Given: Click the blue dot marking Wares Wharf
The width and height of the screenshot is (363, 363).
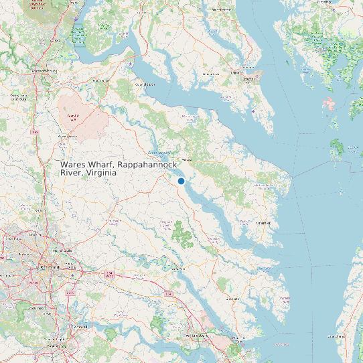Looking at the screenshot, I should [181, 181].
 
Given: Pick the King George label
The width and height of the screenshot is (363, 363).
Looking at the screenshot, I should [100, 80].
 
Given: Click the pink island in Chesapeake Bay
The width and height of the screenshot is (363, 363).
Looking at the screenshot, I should [328, 104].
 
